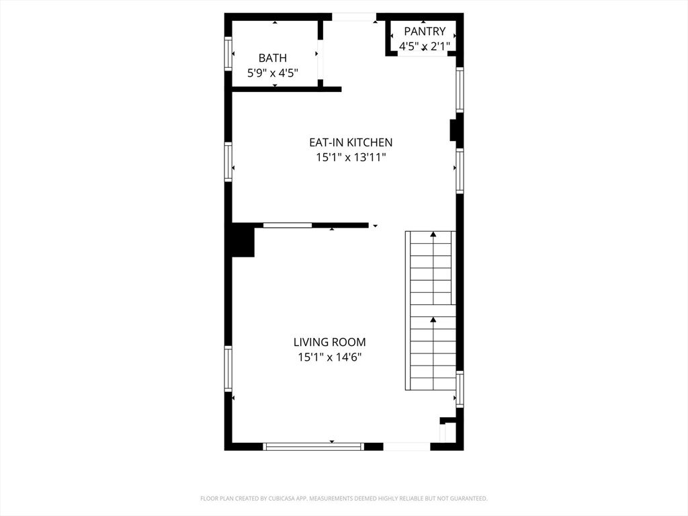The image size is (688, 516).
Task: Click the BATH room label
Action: [x=272, y=58]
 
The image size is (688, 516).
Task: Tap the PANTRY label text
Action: [x=424, y=32]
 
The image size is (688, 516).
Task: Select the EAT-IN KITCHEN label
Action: [x=350, y=142]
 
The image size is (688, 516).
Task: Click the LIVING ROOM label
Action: [x=329, y=342]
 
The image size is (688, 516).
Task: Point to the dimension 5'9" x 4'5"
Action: [x=272, y=73]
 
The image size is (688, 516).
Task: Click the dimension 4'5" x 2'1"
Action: [x=424, y=46]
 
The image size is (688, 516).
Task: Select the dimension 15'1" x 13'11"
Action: [x=350, y=157]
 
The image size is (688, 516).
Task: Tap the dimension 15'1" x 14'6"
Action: [x=329, y=357]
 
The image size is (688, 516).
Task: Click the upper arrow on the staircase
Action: [x=433, y=234]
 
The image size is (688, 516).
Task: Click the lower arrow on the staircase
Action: [x=433, y=320]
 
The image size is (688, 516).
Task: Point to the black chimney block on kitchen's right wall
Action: [x=454, y=129]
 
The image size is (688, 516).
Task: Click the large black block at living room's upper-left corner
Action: [x=243, y=241]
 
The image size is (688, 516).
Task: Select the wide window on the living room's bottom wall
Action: [x=313, y=446]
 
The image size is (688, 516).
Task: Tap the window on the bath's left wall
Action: [x=228, y=54]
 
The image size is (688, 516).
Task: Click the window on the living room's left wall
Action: [x=228, y=368]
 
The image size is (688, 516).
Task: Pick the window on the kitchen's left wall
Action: [x=228, y=162]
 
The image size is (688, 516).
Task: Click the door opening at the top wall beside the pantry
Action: [x=354, y=17]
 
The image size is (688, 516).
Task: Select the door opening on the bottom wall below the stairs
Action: [x=406, y=446]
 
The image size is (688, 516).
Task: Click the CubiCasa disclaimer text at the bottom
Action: [x=343, y=499]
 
